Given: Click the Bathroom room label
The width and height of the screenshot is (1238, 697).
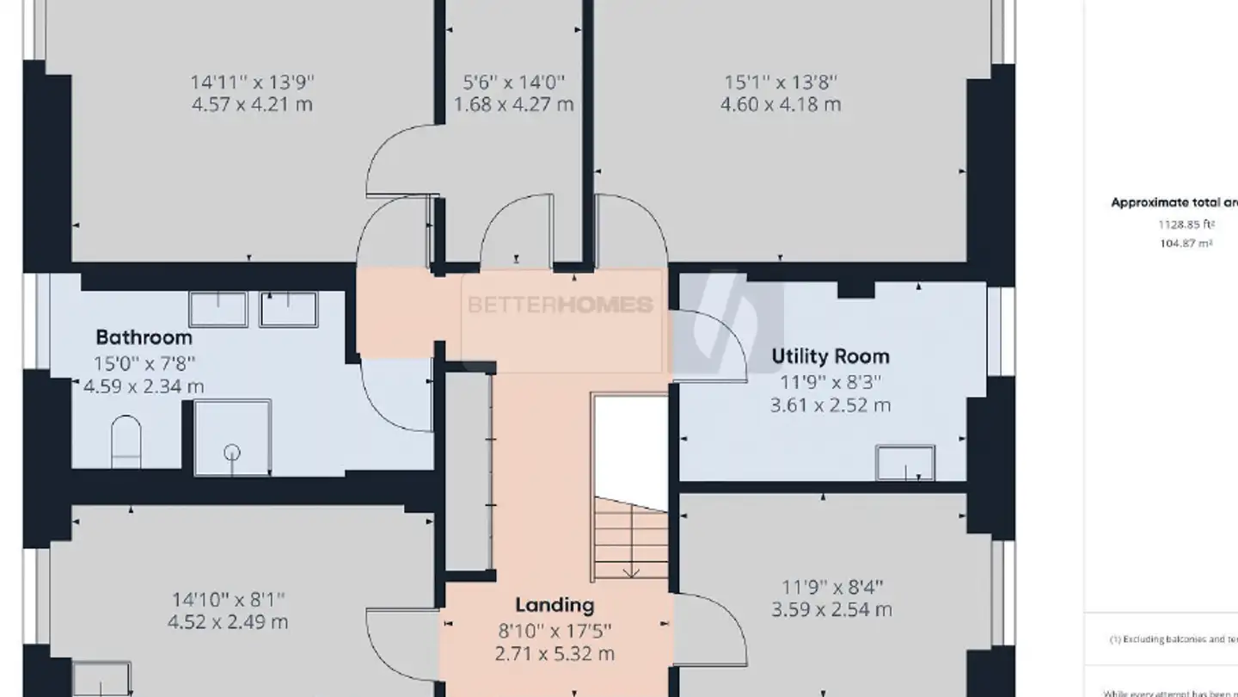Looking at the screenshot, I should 144,336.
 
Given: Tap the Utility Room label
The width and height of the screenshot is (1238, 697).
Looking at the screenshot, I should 830,356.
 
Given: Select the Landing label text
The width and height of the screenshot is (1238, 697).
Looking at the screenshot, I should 555,605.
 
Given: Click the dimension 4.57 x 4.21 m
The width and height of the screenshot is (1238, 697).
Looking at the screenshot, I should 252,105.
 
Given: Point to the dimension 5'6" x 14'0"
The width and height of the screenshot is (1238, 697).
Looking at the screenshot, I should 513,83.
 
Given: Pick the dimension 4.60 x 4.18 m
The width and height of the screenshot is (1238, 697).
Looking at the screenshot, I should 781,105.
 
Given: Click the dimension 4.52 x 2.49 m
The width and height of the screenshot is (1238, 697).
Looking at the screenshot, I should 228,621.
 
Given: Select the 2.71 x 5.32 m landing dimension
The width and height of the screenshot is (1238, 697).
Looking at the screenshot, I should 555,654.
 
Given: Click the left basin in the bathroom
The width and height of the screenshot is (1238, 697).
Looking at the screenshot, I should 218,309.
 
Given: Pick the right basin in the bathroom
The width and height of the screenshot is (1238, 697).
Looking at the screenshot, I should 289,309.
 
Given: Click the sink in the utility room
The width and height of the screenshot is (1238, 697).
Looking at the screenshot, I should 904,462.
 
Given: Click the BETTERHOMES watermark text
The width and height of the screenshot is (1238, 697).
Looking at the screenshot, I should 560,305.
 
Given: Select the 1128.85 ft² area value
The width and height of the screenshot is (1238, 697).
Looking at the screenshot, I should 1186,225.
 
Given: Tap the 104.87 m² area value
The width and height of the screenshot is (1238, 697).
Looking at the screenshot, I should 1186,244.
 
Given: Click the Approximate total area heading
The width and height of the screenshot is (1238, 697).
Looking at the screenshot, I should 1174,203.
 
